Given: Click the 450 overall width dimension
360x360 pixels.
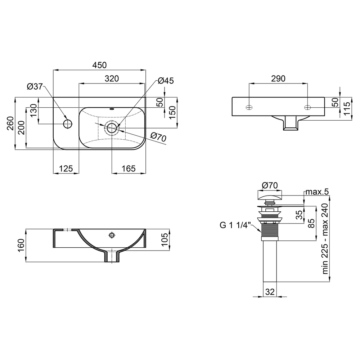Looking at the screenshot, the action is [99, 65].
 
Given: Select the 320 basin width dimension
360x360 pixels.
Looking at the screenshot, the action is [112, 79].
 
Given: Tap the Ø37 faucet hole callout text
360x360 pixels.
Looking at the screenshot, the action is [35, 86].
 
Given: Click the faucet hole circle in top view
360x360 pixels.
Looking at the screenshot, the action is [68, 124].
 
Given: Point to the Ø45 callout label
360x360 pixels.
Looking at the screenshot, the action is [166, 81].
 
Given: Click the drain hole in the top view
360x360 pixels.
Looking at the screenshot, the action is [112, 128].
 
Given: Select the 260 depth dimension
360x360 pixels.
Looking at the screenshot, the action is [10, 123].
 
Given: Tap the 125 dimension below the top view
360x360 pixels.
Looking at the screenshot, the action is [66, 169].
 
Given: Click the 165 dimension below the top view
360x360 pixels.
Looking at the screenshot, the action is [129, 169].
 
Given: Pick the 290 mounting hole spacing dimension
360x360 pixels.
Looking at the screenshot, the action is [278, 79].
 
